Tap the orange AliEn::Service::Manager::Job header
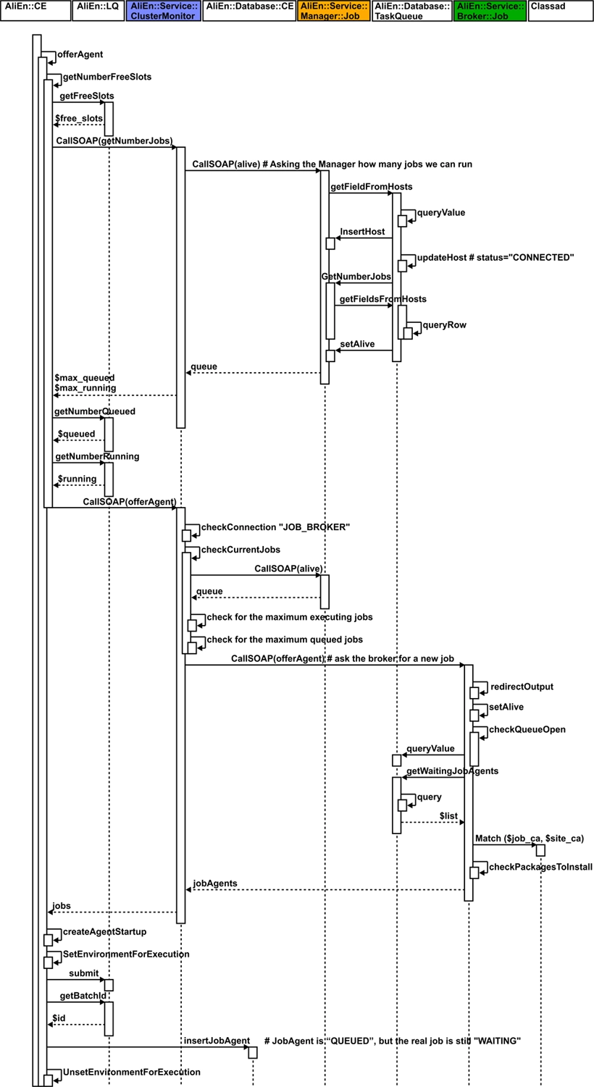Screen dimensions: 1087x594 pyautogui.click(x=333, y=10)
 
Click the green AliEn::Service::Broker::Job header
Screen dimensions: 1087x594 pyautogui.click(x=490, y=10)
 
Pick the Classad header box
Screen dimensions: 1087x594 pyautogui.click(x=561, y=10)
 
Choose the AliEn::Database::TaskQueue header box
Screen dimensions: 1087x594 pyautogui.click(x=411, y=10)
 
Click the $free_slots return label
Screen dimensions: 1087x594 pyautogui.click(x=78, y=117)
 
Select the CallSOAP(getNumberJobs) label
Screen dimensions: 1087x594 pyautogui.click(x=113, y=140)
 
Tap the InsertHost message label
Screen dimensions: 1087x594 pyautogui.click(x=362, y=232)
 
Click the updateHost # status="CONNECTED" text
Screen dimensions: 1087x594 pyautogui.click(x=495, y=258)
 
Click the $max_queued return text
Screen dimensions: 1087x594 pyautogui.click(x=84, y=378)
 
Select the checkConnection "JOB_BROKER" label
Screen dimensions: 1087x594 pyautogui.click(x=275, y=527)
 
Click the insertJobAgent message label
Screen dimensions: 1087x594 pyautogui.click(x=217, y=1041)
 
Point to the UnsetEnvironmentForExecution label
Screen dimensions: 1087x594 pyautogui.click(x=131, y=1072)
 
